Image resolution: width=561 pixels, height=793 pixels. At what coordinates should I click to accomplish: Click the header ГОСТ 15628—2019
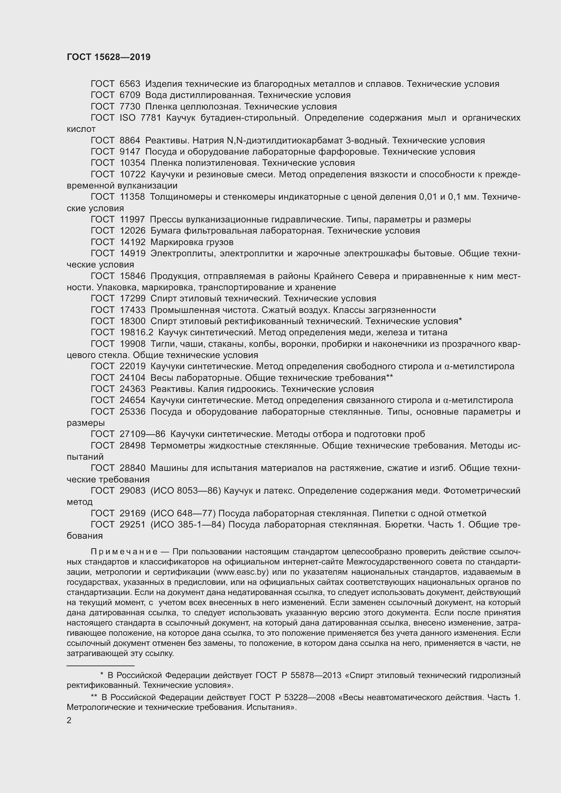coord(109,57)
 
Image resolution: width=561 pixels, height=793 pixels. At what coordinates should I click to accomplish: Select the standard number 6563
coord(130,84)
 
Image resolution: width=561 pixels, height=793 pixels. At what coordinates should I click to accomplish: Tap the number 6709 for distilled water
coord(130,95)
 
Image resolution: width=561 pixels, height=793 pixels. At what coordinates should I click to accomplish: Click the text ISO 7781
coord(140,118)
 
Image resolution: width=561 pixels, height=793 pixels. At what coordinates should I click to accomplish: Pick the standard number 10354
coord(132,163)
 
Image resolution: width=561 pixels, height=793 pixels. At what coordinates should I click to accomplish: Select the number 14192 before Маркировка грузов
coord(132,242)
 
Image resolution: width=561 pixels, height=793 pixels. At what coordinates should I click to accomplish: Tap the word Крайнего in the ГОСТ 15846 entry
coord(334,276)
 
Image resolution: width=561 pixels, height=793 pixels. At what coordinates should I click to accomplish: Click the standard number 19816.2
coord(136,332)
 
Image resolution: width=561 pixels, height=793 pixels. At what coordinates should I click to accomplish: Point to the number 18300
coord(132,321)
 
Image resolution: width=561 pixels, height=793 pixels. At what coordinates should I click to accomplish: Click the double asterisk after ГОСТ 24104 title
coord(390,377)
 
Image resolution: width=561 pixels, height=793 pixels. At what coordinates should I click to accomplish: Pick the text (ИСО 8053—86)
coord(186,491)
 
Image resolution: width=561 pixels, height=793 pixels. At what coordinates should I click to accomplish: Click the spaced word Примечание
coord(124,552)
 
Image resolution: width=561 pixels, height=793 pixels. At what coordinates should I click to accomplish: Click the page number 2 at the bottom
coord(69,720)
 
